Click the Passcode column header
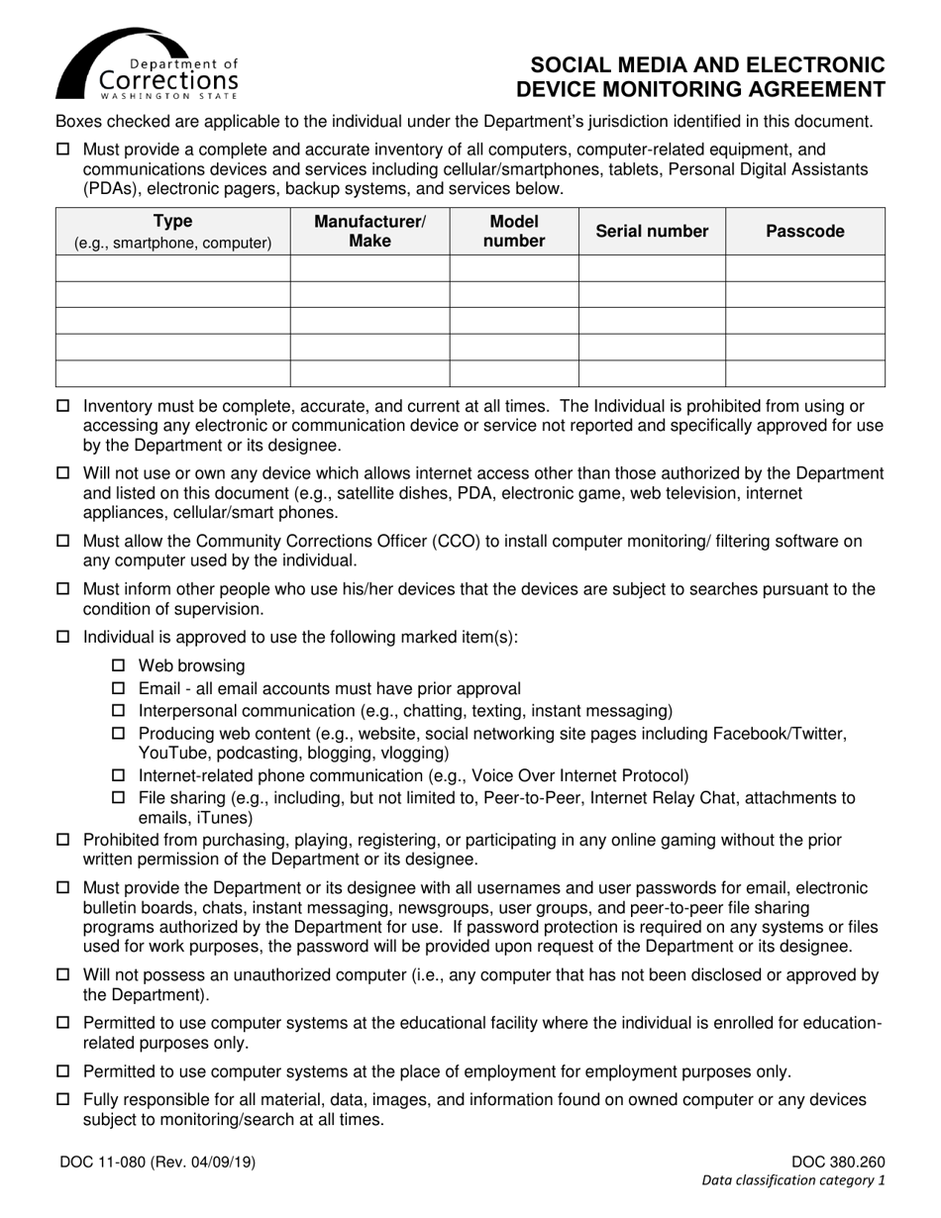click(804, 232)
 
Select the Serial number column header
click(652, 232)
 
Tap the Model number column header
click(513, 232)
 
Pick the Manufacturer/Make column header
click(369, 232)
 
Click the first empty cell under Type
click(172, 268)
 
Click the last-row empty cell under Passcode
click(804, 373)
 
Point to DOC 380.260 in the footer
click(838, 1164)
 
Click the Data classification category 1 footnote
click(793, 1180)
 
